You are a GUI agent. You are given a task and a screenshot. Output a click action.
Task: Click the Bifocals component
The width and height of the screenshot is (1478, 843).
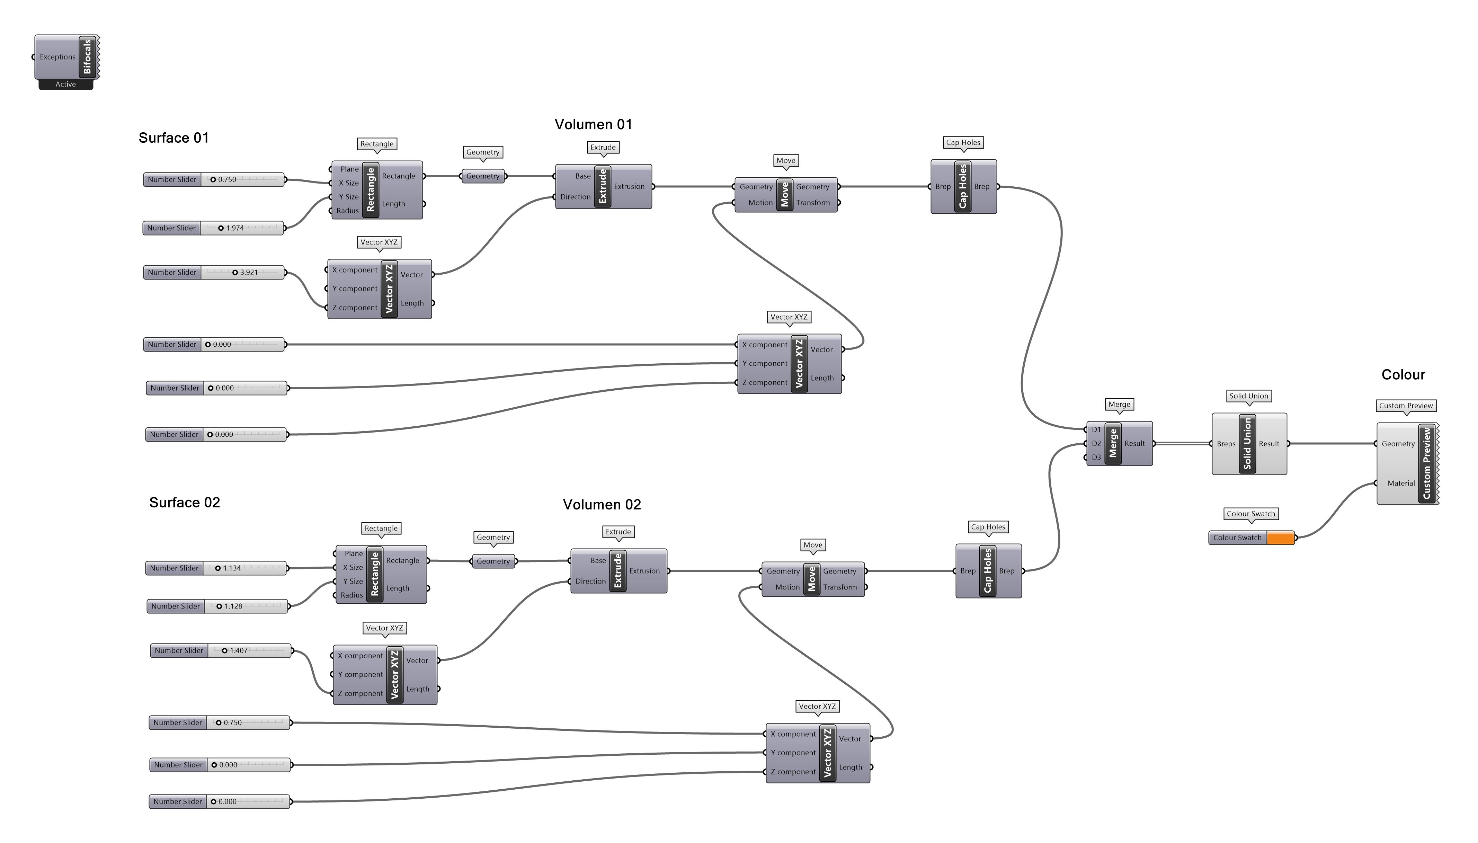click(87, 57)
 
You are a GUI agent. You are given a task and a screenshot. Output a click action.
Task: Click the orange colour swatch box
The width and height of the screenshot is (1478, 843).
click(1280, 538)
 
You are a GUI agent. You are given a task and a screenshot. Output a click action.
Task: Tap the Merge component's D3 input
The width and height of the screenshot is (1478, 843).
click(1095, 458)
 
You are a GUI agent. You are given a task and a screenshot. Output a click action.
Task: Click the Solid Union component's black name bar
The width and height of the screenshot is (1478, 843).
click(1247, 444)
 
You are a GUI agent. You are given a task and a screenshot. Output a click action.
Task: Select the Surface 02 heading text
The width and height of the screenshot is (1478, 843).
click(185, 503)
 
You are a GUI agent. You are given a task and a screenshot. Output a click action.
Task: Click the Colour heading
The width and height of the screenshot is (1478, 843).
click(1403, 375)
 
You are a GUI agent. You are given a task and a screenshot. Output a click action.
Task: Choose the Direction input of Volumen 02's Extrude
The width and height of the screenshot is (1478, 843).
click(590, 581)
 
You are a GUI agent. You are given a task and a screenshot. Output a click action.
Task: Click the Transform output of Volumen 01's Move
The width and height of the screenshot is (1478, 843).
click(813, 203)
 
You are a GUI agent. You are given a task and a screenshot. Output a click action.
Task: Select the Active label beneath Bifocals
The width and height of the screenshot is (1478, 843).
click(65, 85)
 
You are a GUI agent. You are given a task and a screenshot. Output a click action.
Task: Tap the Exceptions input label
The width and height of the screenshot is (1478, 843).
click(57, 57)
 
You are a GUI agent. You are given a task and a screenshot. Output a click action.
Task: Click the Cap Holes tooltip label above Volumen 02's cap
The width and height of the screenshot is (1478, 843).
click(988, 527)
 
